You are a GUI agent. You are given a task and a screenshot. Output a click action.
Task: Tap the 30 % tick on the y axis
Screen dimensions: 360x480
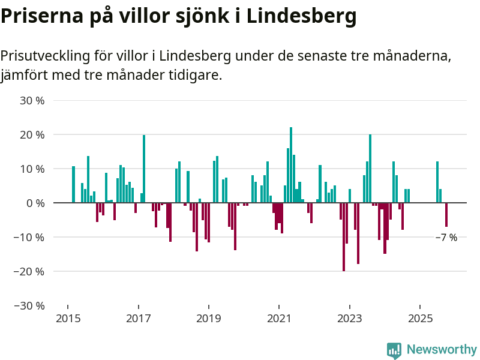[x=32, y=101]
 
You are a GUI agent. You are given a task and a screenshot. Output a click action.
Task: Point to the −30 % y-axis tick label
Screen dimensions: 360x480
[x=29, y=305]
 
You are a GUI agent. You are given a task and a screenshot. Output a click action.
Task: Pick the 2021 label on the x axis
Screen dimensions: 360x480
[x=279, y=318]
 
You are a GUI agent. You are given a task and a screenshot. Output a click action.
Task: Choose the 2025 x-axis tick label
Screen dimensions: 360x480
[x=420, y=318]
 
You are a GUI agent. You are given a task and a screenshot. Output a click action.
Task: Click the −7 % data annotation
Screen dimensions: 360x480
[x=446, y=238]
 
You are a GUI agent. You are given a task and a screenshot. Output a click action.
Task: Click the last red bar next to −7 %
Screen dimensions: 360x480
[x=446, y=214]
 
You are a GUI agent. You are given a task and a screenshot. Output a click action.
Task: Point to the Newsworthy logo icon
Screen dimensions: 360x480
[x=394, y=350]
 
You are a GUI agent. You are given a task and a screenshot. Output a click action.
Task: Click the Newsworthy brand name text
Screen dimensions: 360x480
[x=442, y=349]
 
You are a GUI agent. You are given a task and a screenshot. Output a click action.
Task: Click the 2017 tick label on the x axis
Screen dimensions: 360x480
[x=138, y=318]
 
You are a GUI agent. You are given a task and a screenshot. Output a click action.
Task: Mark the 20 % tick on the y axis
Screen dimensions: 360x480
[x=32, y=135]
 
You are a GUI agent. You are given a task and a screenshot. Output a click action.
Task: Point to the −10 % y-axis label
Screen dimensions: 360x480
[x=29, y=237]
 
